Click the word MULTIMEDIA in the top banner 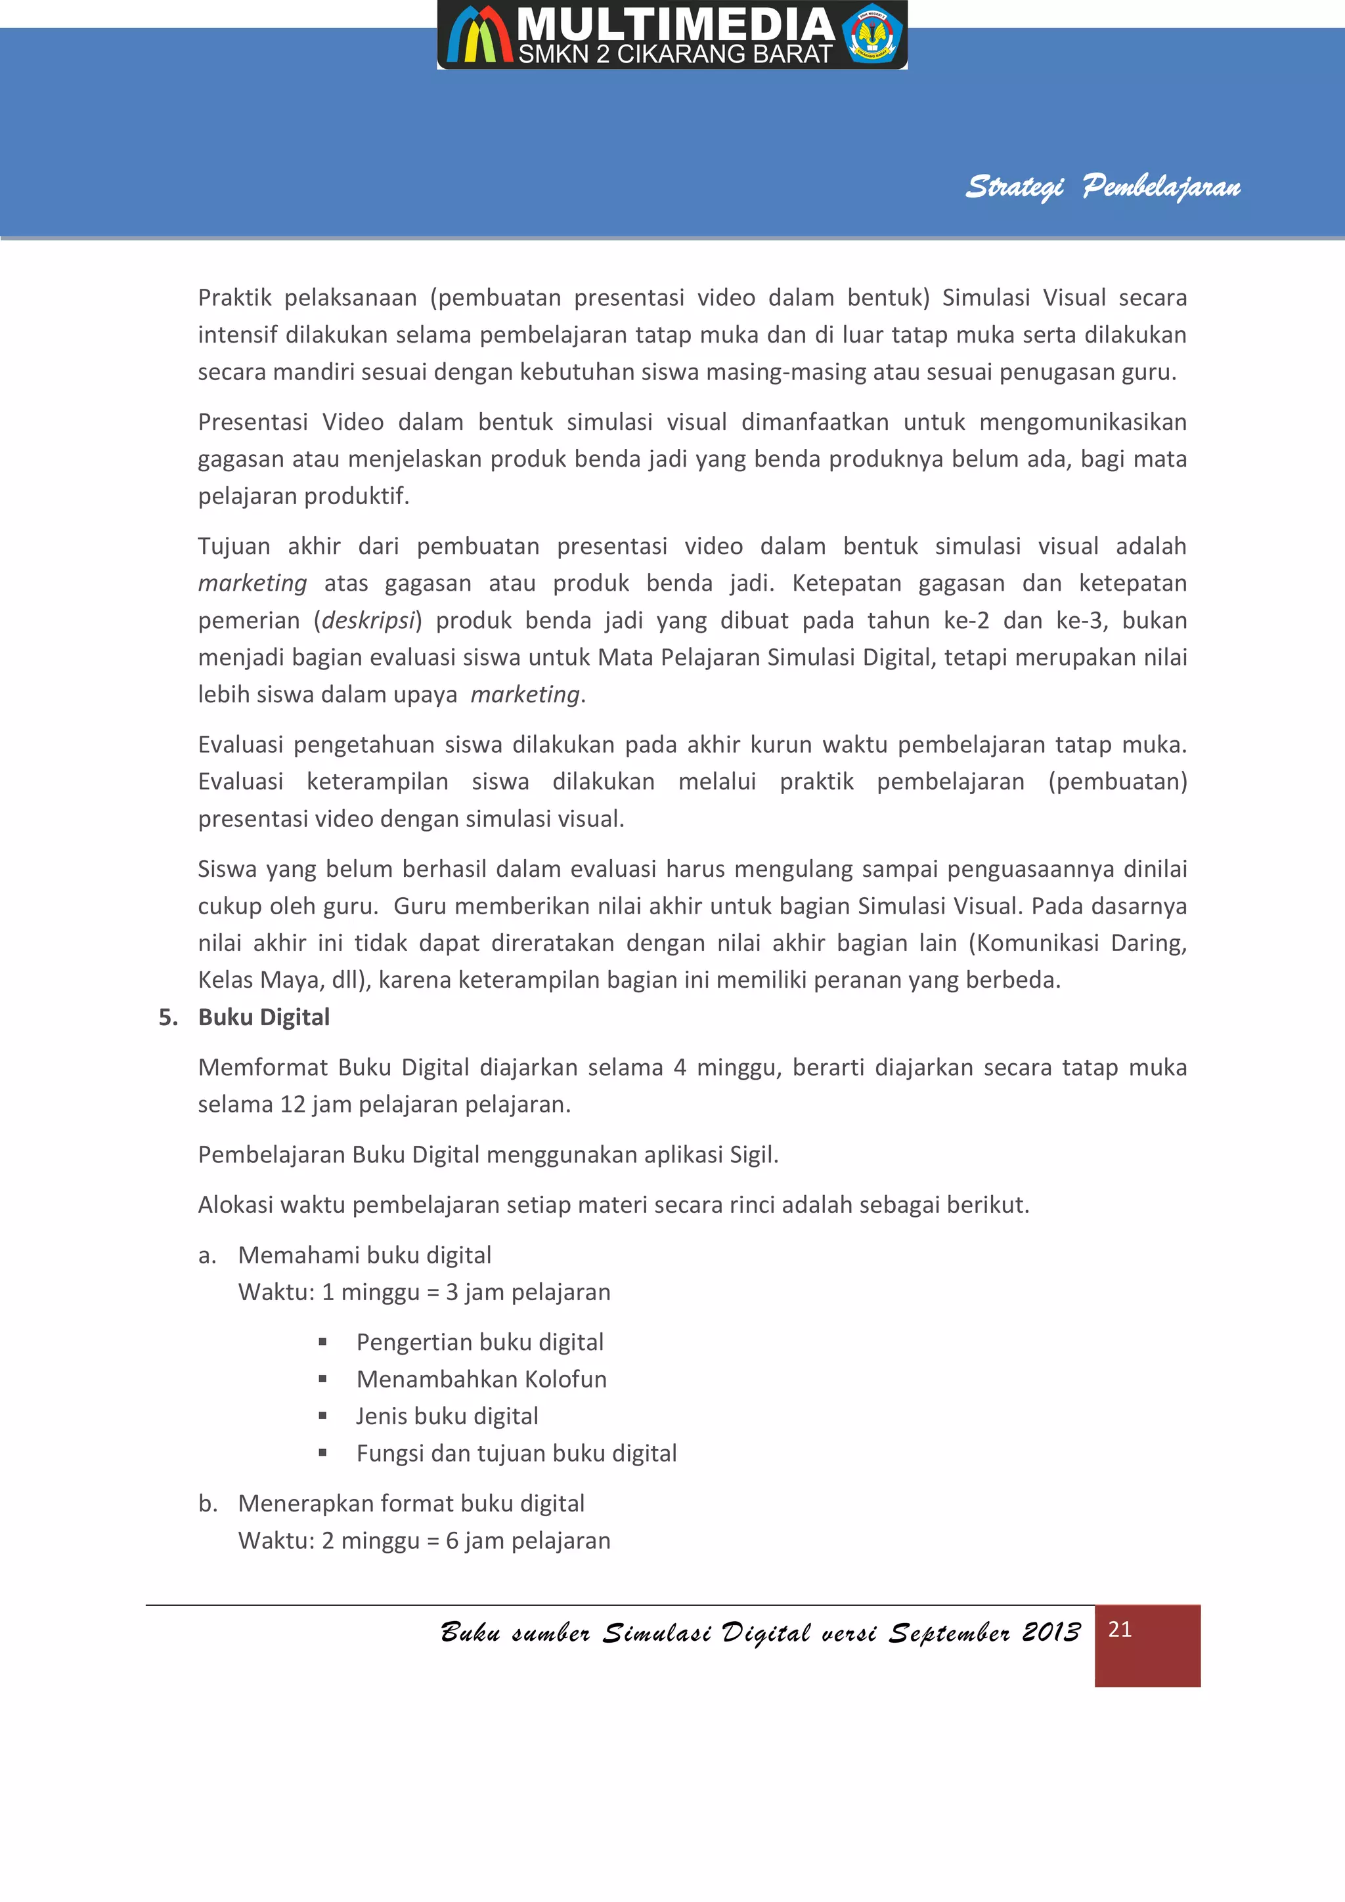pos(675,25)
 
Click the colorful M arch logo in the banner pos(478,35)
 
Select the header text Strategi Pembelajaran pos(1102,186)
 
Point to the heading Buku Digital pos(263,1017)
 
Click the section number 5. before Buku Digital pos(168,1017)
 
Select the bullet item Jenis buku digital pos(447,1416)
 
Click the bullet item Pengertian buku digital pos(479,1342)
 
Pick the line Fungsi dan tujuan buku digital pos(516,1453)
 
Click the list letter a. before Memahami pos(207,1256)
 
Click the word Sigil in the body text pos(752,1155)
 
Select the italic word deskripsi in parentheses pos(368,620)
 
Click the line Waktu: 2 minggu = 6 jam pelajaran pos(424,1541)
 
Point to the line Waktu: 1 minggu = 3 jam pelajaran pos(424,1292)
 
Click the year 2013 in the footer pos(1051,1632)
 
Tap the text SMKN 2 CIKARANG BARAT pos(674,54)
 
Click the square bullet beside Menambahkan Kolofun pos(322,1380)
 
